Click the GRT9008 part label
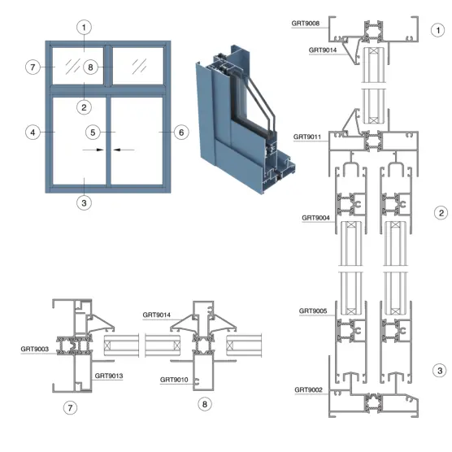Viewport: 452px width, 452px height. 306,24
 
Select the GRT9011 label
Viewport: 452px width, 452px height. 307,137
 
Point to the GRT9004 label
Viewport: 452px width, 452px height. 315,218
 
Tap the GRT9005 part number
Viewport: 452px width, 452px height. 313,311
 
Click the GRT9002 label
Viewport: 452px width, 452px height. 308,389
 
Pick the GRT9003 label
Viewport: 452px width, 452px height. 35,349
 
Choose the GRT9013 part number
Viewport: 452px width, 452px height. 109,376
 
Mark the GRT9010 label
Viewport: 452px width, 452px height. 174,380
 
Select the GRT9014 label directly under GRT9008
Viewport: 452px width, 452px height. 323,50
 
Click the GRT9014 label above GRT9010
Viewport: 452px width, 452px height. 157,315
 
